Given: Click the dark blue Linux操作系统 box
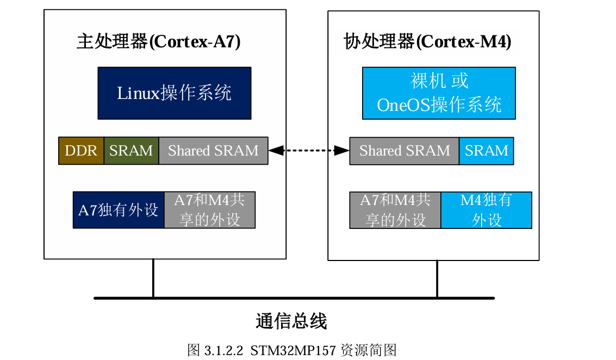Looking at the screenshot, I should (174, 93).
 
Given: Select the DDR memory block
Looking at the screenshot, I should (81, 151).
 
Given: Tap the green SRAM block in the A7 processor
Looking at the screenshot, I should (131, 151).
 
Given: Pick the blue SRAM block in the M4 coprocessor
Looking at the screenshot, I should (486, 151).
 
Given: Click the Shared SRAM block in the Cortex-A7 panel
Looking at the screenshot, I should (213, 151).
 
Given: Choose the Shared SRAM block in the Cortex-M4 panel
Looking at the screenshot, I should (405, 151).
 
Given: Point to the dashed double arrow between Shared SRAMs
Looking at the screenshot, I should (309, 151).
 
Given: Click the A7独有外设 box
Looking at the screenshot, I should (119, 210).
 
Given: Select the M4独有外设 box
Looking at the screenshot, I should (486, 210).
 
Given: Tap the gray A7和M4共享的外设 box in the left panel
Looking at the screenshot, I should (209, 210).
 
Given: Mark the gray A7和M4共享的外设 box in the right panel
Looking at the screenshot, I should (395, 210).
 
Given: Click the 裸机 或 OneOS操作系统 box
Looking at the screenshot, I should (439, 93).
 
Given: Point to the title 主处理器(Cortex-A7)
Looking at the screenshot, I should (158, 42).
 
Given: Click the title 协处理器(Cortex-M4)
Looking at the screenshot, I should (427, 42).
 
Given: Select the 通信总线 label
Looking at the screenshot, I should (291, 321).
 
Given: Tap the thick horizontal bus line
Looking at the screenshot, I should (294, 298).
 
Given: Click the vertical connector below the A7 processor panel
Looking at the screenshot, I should (153, 278).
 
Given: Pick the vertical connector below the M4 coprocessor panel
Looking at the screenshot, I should (437, 278).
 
